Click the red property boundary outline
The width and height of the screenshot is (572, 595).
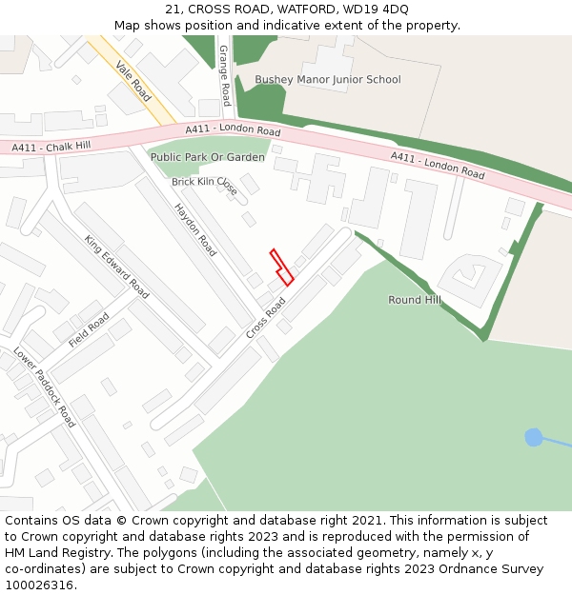281,268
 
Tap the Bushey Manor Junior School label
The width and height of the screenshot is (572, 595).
327,80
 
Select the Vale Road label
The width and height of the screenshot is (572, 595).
133,81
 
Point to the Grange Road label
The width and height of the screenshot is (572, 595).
225,75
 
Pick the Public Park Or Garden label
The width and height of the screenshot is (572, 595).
207,157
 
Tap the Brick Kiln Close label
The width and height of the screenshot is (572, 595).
204,184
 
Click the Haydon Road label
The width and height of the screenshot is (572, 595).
195,229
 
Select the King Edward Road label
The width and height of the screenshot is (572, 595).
116,267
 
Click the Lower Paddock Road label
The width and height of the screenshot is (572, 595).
44,387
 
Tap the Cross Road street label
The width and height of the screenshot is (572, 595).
266,318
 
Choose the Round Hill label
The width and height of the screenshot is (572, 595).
414,300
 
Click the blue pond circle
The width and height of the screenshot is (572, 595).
534,437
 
